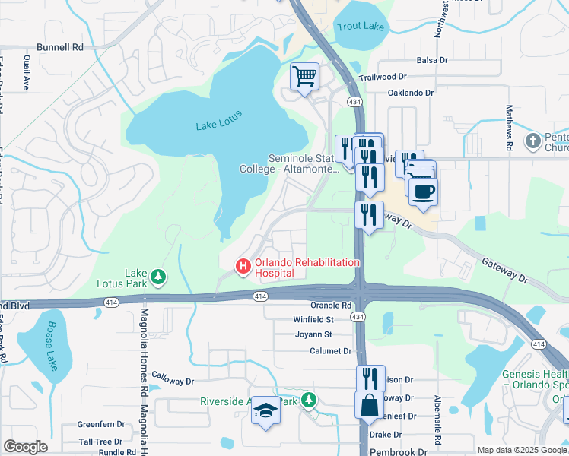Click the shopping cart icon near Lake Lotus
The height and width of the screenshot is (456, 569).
(x=304, y=76)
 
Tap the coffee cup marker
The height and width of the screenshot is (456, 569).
(x=423, y=190)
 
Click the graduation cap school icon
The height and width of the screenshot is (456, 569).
(x=265, y=412)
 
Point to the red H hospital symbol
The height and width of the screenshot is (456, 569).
(x=243, y=265)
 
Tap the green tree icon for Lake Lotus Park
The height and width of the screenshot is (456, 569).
(x=158, y=277)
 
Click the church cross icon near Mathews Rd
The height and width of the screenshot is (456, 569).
(x=533, y=141)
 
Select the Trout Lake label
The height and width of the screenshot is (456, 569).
(x=361, y=27)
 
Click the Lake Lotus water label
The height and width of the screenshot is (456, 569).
(x=218, y=125)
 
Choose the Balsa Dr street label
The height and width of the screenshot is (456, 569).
(x=434, y=60)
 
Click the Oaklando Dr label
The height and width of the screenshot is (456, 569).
(x=410, y=93)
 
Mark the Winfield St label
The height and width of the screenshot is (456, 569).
(x=314, y=319)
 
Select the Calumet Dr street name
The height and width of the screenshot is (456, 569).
(x=331, y=351)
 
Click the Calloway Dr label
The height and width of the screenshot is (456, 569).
(x=173, y=377)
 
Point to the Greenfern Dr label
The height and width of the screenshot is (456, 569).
(x=100, y=425)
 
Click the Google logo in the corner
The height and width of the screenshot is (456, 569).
(x=26, y=446)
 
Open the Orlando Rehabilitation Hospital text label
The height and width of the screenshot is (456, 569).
(x=307, y=266)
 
